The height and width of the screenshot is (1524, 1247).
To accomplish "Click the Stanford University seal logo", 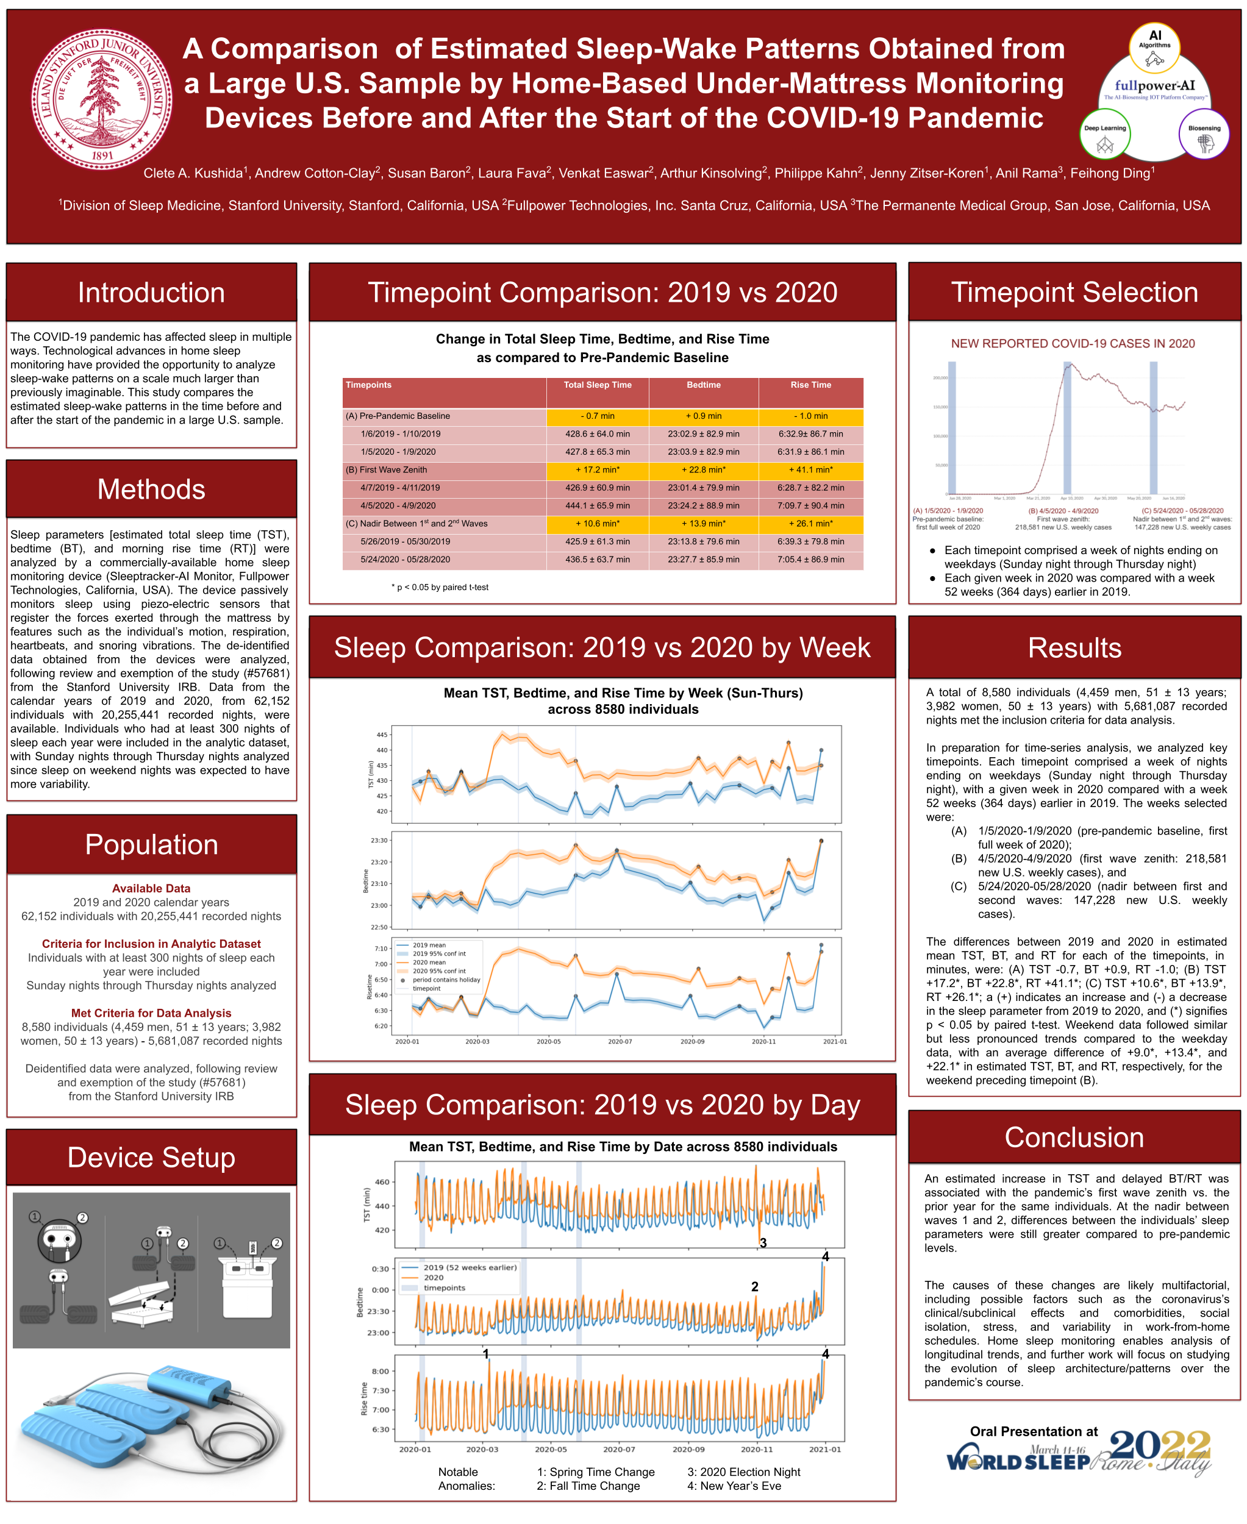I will pyautogui.click(x=101, y=98).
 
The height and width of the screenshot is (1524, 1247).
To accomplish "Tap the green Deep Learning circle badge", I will pyautogui.click(x=1105, y=134).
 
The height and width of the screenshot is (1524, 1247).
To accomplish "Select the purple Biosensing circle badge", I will pyautogui.click(x=1204, y=134).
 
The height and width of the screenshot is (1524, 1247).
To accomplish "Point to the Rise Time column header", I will pyautogui.click(x=810, y=385).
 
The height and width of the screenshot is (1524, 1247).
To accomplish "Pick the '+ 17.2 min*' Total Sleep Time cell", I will pyautogui.click(x=597, y=469).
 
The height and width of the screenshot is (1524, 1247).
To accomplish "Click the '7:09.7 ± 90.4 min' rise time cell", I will pyautogui.click(x=810, y=505).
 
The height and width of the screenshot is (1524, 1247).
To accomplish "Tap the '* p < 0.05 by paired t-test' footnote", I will pyautogui.click(x=440, y=587).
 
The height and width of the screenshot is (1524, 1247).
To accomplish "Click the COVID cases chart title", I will pyautogui.click(x=1073, y=343).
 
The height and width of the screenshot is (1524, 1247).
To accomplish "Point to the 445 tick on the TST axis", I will pyautogui.click(x=382, y=735).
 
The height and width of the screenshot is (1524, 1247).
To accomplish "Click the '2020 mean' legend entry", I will pyautogui.click(x=429, y=963).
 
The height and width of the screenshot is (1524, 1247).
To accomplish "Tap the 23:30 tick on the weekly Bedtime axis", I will pyautogui.click(x=379, y=840).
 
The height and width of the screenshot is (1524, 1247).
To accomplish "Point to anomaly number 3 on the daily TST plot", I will pyautogui.click(x=763, y=1242).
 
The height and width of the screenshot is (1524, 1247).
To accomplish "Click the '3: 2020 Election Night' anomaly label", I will pyautogui.click(x=743, y=1472).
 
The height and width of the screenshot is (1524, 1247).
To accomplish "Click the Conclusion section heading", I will pyautogui.click(x=1074, y=1138).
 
